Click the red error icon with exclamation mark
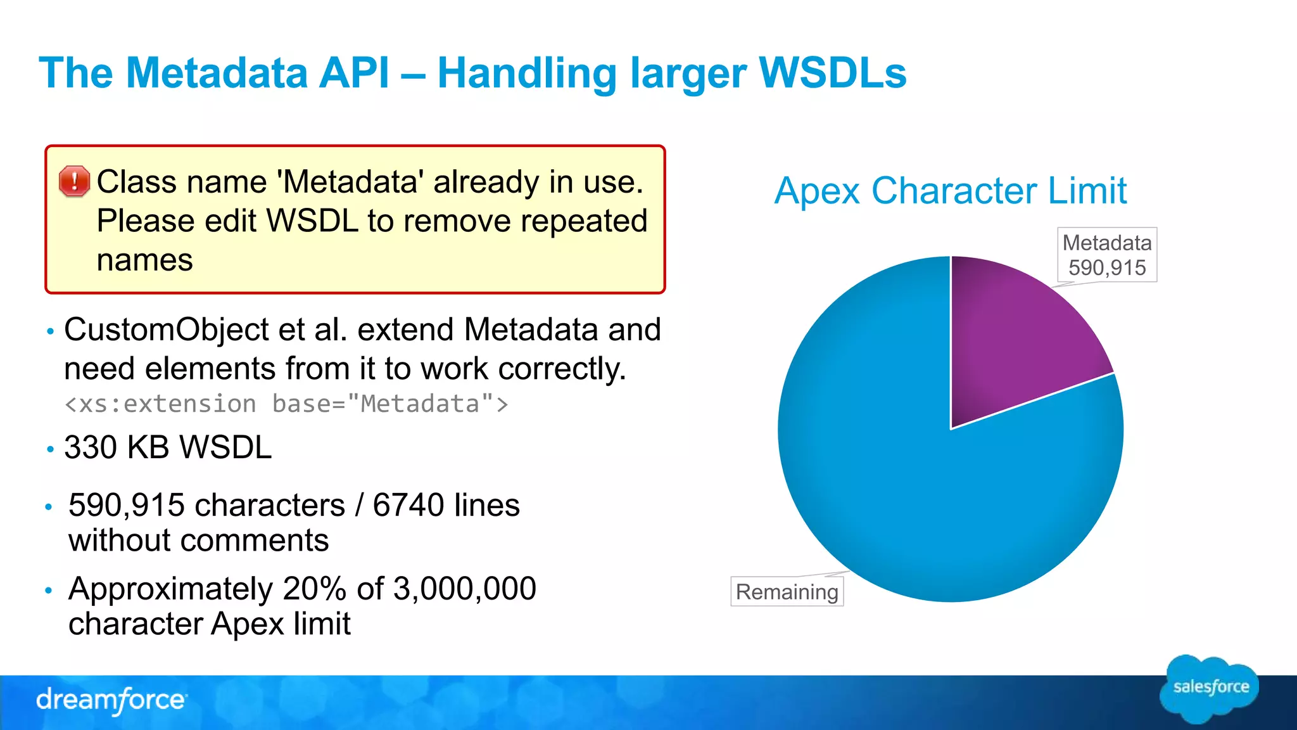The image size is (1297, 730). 75,181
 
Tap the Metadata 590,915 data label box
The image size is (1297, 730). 1107,255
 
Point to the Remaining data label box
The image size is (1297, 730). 787,592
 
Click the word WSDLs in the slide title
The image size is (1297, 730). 832,72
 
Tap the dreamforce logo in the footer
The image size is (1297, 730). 111,700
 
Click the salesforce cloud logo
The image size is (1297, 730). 1210,688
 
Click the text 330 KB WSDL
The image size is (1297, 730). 168,447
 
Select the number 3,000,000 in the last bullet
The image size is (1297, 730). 465,589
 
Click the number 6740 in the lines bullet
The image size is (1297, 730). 408,505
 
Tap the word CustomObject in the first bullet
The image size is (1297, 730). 167,330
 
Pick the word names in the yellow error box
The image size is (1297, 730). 144,260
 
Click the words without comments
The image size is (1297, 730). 198,541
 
